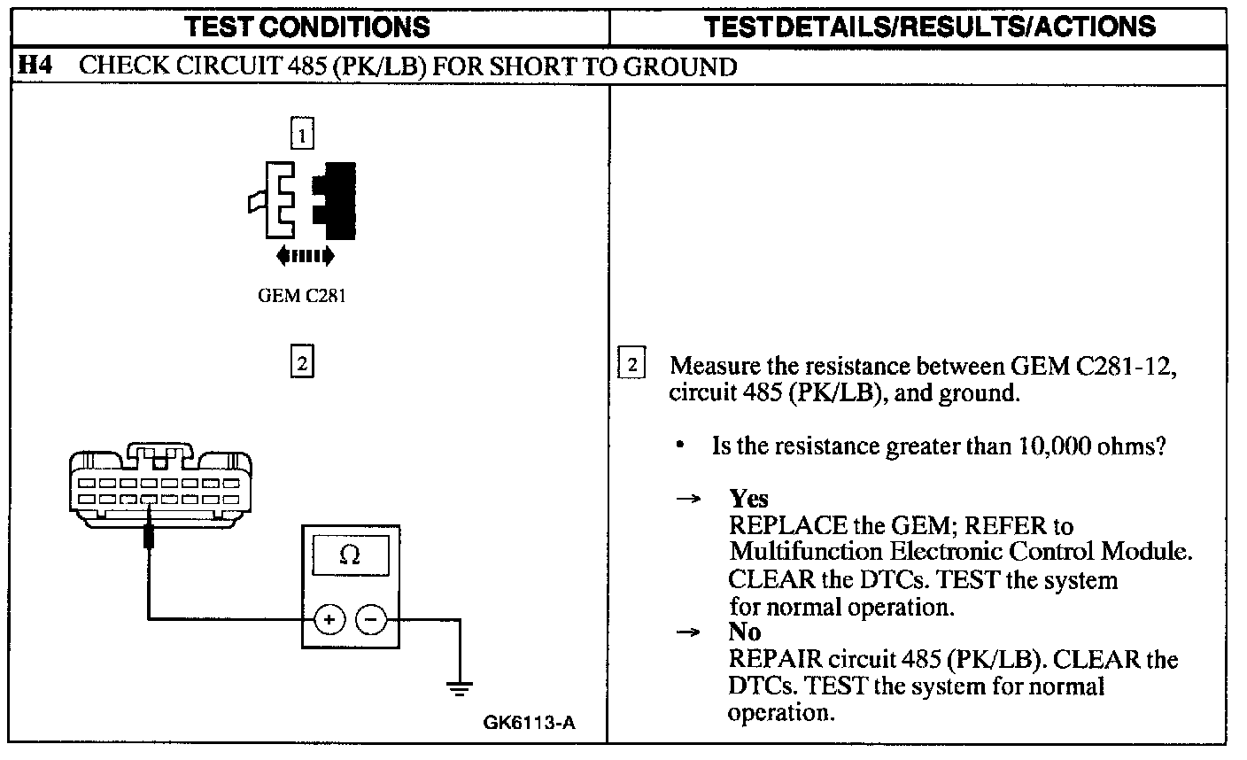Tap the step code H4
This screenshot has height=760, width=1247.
tap(34, 66)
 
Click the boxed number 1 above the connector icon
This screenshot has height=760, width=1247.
tap(302, 135)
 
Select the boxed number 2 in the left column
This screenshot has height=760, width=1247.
tap(302, 362)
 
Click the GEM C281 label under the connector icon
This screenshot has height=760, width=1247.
tap(302, 296)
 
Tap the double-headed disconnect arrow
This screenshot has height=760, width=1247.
tap(305, 256)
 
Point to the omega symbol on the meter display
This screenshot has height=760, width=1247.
tap(350, 555)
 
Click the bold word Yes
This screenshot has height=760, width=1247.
tap(749, 499)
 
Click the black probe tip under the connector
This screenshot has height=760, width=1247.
tap(149, 537)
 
